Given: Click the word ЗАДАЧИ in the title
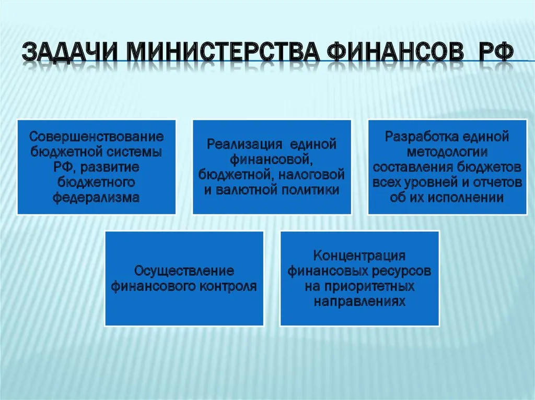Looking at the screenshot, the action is (71, 52).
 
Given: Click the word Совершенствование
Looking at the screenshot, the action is (97, 137).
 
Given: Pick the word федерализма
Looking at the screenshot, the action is (97, 198).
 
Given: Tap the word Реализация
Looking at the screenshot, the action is (245, 144).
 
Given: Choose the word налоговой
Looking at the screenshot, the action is (311, 175).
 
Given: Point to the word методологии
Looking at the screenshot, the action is (447, 152).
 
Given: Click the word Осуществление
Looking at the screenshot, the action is (184, 271).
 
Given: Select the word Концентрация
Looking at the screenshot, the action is (359, 256).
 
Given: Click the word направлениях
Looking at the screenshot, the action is (359, 301).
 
